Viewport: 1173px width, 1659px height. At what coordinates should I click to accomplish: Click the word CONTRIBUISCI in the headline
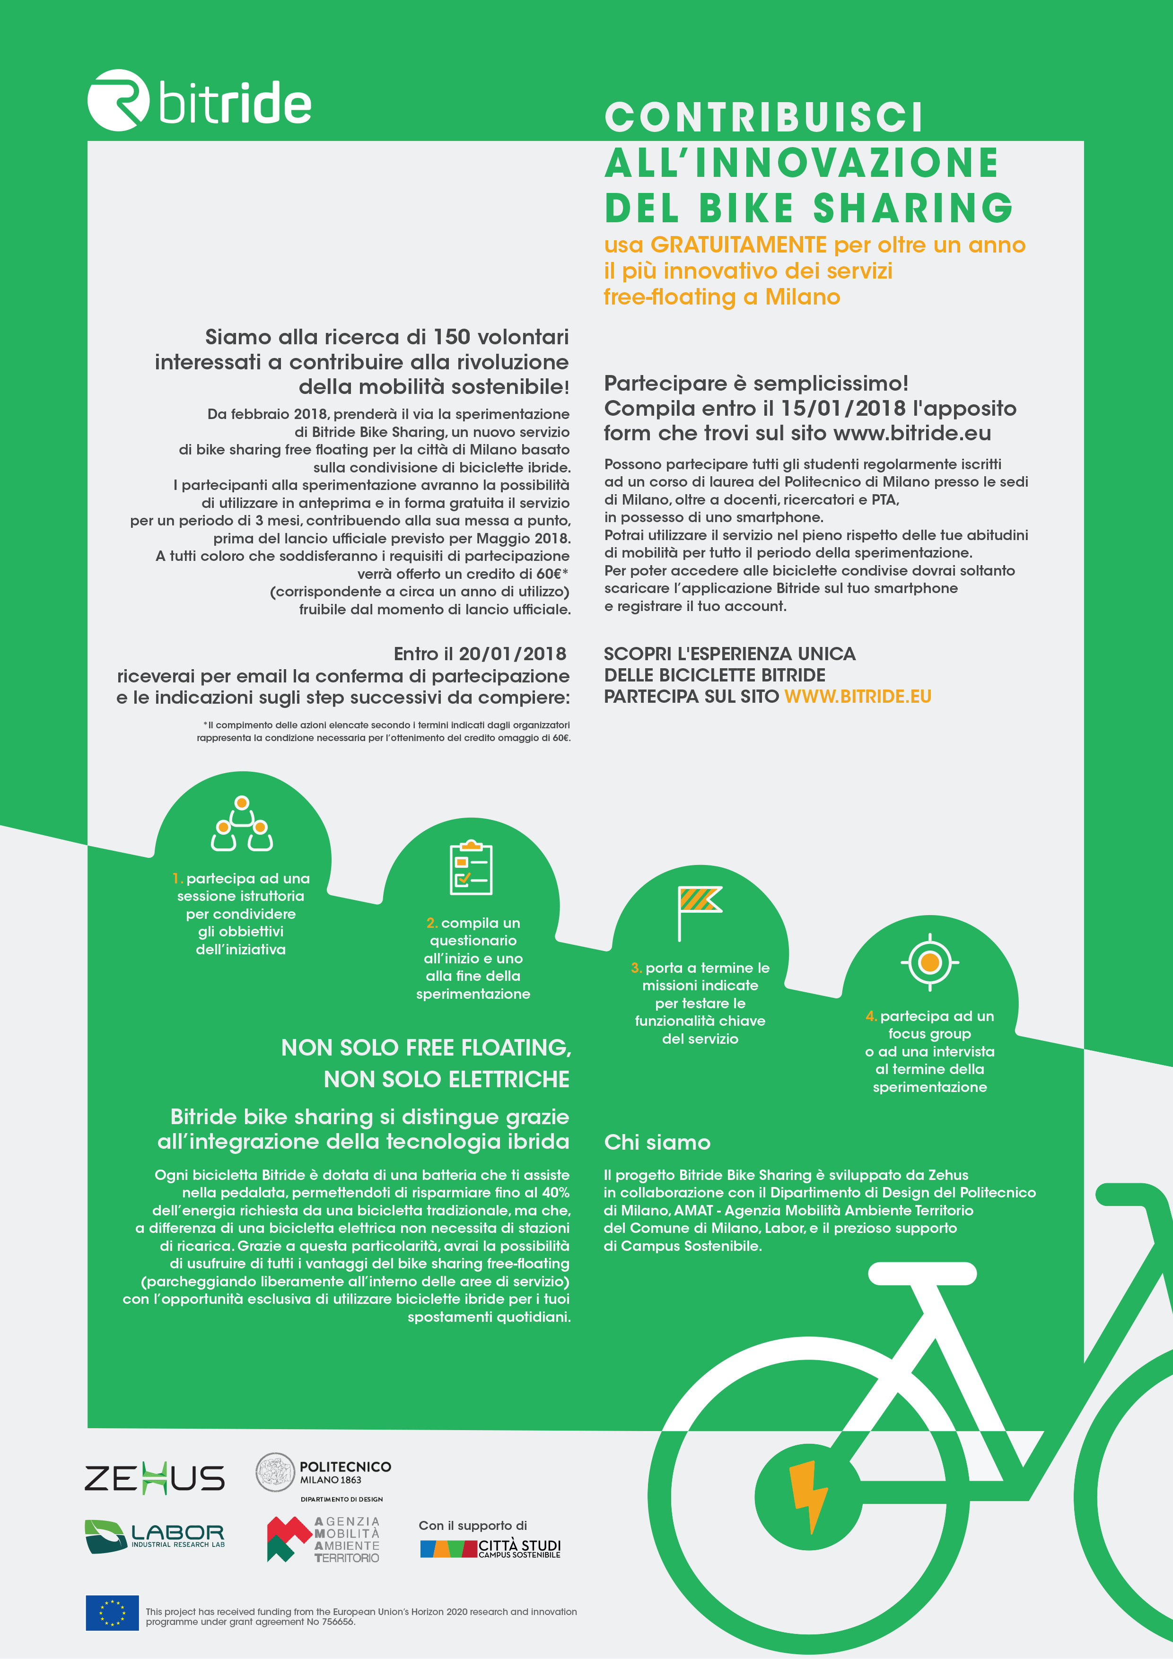pyautogui.click(x=764, y=118)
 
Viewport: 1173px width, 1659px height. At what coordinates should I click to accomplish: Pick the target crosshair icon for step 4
pyautogui.click(x=929, y=962)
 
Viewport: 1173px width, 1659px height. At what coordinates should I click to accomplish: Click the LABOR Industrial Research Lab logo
pyautogui.click(x=155, y=1536)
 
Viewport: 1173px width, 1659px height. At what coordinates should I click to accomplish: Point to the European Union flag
pyautogui.click(x=112, y=1613)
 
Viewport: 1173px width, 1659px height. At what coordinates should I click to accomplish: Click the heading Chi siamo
pyautogui.click(x=657, y=1143)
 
